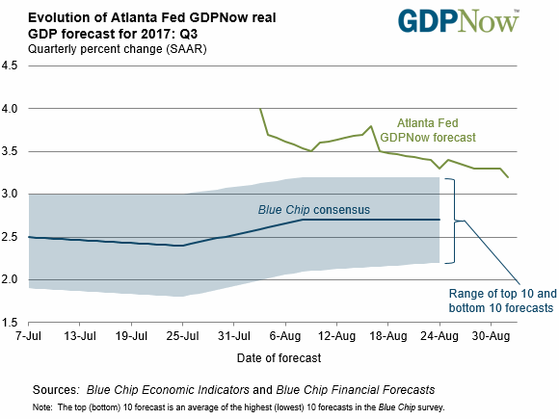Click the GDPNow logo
click(x=459, y=21)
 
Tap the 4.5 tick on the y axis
click(x=10, y=65)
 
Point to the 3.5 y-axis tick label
click(x=10, y=151)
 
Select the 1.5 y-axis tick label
click(x=10, y=323)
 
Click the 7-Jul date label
click(x=29, y=335)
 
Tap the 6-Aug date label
click(x=285, y=335)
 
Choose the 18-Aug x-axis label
click(x=388, y=335)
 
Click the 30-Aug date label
click(x=491, y=335)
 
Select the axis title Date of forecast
click(x=279, y=357)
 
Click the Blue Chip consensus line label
click(x=314, y=210)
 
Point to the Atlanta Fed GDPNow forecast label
click(x=428, y=130)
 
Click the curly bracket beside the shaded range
click(x=454, y=221)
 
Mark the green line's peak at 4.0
click(x=260, y=108)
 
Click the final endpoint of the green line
click(x=508, y=177)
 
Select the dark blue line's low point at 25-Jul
click(x=182, y=246)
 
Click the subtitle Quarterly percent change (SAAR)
click(x=118, y=49)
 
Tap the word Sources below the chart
click(x=56, y=390)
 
